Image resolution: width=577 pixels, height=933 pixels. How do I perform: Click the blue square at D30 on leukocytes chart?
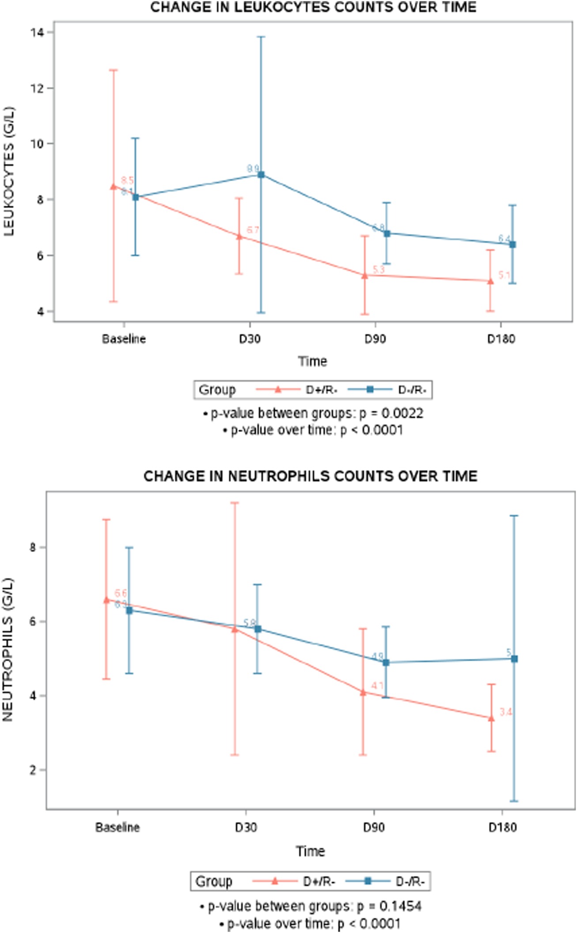[261, 175]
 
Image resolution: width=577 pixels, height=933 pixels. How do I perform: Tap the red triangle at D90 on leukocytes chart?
[365, 275]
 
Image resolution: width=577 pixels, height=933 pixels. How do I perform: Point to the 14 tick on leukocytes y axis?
[37, 32]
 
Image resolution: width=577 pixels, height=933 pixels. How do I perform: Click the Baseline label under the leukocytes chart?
[124, 339]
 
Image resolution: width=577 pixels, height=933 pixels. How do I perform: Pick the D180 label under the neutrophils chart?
[502, 827]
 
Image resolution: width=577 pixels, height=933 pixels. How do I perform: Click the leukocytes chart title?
[313, 8]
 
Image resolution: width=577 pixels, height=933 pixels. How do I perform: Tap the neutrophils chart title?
[310, 476]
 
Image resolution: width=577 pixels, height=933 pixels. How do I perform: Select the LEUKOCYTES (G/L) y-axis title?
[9, 171]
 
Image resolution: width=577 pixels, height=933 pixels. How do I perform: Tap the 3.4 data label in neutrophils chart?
[506, 712]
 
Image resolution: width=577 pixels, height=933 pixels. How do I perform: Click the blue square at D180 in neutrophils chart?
[514, 659]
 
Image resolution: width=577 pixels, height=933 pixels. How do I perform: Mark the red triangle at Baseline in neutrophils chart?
[106, 600]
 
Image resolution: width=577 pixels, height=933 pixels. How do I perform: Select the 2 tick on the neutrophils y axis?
[33, 770]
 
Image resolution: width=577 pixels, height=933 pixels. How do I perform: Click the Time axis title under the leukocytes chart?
[312, 361]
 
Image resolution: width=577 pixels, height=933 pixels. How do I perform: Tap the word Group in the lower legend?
[213, 881]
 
